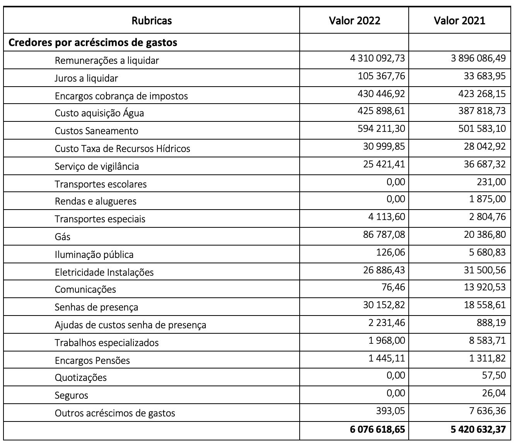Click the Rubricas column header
[x=152, y=20]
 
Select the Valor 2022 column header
[x=354, y=20]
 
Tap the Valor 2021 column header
[x=459, y=20]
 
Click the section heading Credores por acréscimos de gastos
[x=93, y=43]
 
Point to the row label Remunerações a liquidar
[x=107, y=61]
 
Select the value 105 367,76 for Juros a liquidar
[x=381, y=76]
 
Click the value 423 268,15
[x=482, y=94]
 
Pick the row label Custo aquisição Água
[x=99, y=113]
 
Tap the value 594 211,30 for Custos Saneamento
[x=381, y=129]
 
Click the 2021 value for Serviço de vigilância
[x=484, y=164]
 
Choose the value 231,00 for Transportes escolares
[x=491, y=182]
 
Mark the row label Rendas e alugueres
[x=96, y=201]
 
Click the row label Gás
[x=63, y=237]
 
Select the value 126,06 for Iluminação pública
[x=391, y=253]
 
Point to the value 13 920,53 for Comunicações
[x=484, y=287]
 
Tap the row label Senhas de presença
[x=96, y=307]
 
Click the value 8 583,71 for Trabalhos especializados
[x=487, y=341]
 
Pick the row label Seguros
[x=72, y=396]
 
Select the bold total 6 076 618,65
[x=378, y=429]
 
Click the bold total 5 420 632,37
[x=478, y=429]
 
